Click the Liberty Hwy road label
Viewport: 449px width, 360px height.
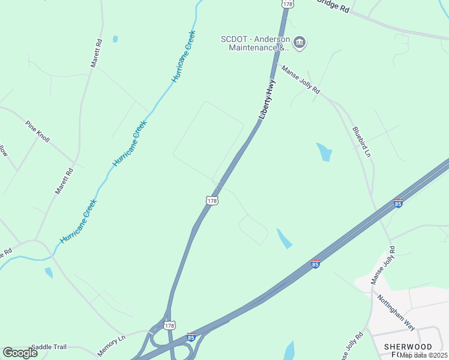pos(267,100)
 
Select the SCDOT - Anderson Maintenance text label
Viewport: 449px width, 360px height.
pos(255,43)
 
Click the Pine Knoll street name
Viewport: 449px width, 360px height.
pos(37,131)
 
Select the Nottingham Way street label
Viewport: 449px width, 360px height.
pos(396,312)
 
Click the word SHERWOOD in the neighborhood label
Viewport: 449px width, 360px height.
pos(408,347)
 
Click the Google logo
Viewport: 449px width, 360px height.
pos(20,353)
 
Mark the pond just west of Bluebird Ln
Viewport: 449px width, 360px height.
pos(324,152)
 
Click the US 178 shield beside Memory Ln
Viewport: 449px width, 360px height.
pos(169,325)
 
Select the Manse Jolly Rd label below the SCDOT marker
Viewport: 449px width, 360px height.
pos(301,80)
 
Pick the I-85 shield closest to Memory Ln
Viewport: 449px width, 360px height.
pos(191,337)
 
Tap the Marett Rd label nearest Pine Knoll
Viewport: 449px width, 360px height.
pos(64,180)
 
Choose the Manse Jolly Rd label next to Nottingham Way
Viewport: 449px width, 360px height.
pos(383,265)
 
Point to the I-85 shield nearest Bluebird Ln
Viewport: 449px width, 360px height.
pos(398,203)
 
